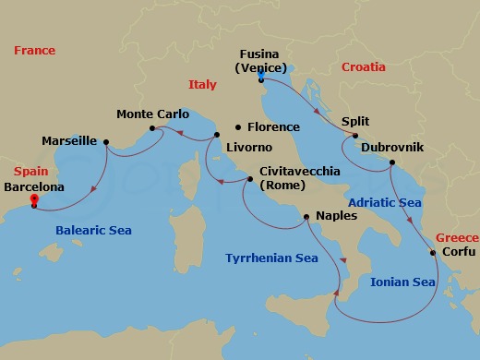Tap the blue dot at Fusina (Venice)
pyautogui.click(x=261, y=78)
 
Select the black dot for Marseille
pyautogui.click(x=106, y=142)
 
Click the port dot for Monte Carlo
pyautogui.click(x=152, y=127)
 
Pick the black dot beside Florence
pyautogui.click(x=238, y=127)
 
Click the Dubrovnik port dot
pyautogui.click(x=392, y=163)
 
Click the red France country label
pyautogui.click(x=35, y=51)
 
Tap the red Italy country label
pyautogui.click(x=202, y=84)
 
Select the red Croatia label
pyautogui.click(x=364, y=67)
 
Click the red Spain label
pyautogui.click(x=30, y=172)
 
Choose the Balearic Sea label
pyautogui.click(x=93, y=231)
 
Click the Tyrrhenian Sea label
pyautogui.click(x=271, y=258)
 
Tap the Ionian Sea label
pyautogui.click(x=402, y=282)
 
